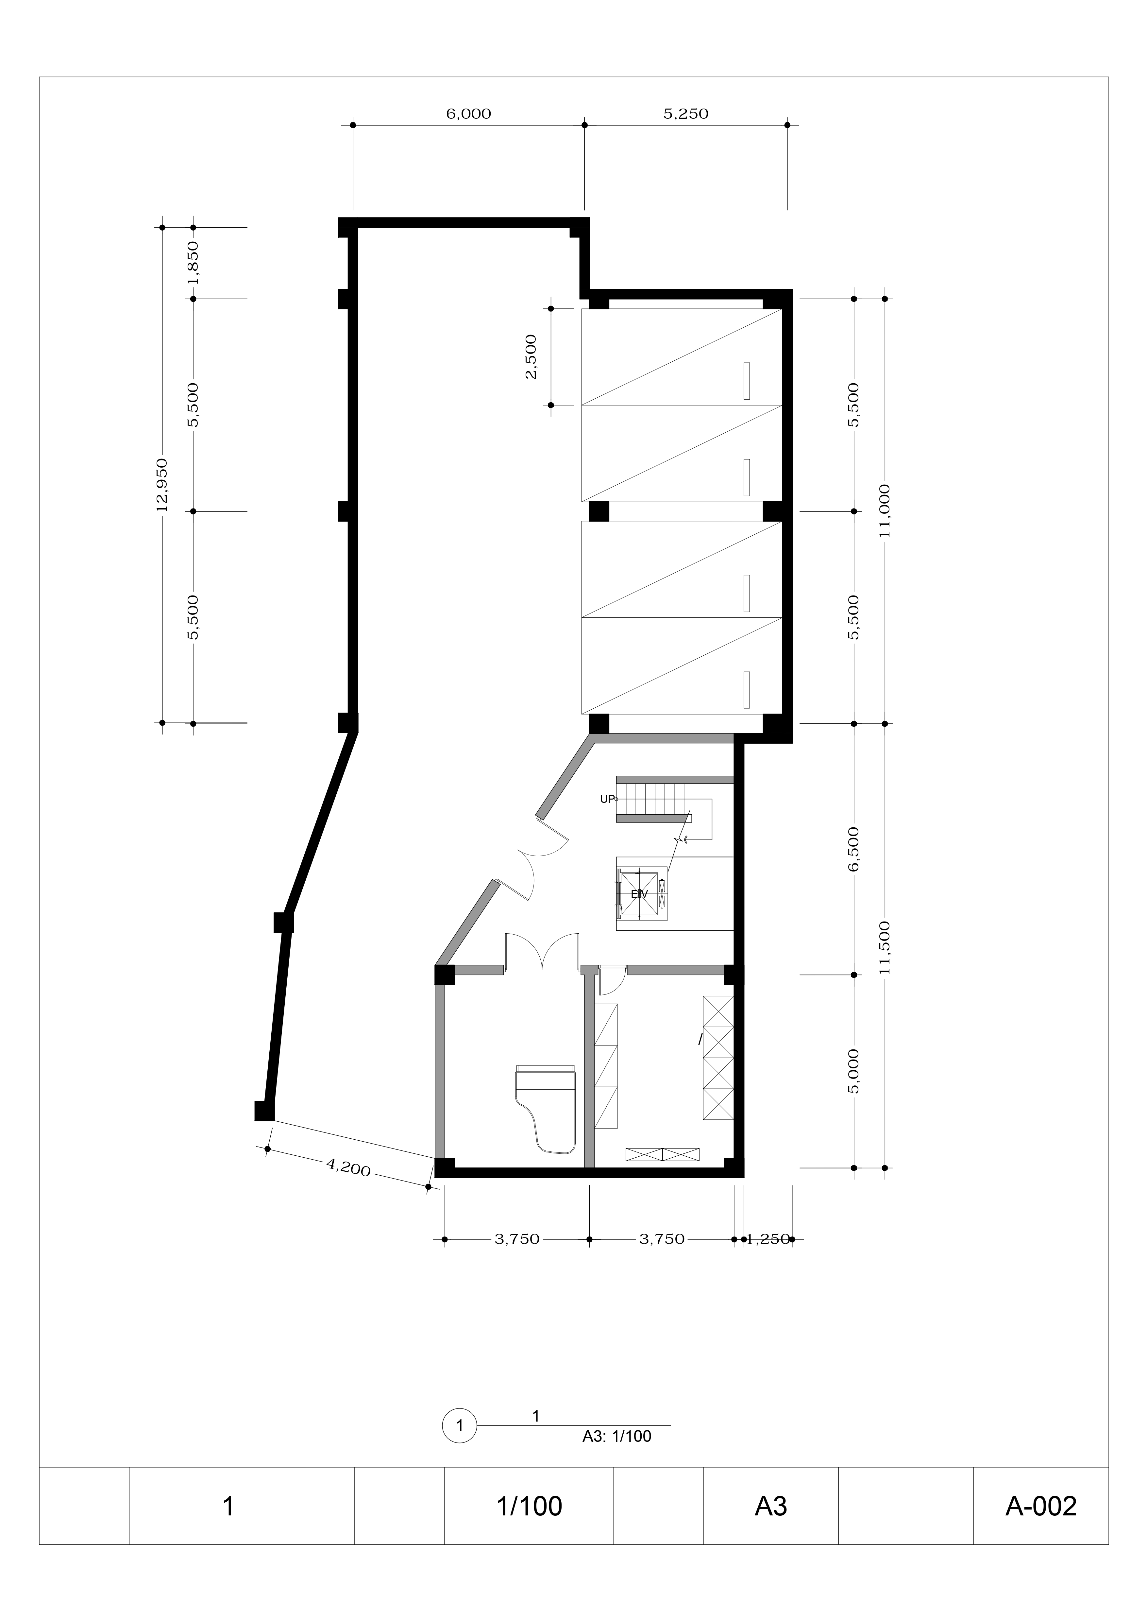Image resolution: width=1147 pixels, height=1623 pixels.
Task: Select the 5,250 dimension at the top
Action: click(x=685, y=114)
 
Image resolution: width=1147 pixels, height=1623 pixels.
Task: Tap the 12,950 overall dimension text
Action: click(x=162, y=485)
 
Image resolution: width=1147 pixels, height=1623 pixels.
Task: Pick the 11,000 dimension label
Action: click(x=885, y=510)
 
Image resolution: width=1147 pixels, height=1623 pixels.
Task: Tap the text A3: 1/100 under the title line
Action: click(x=616, y=1436)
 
